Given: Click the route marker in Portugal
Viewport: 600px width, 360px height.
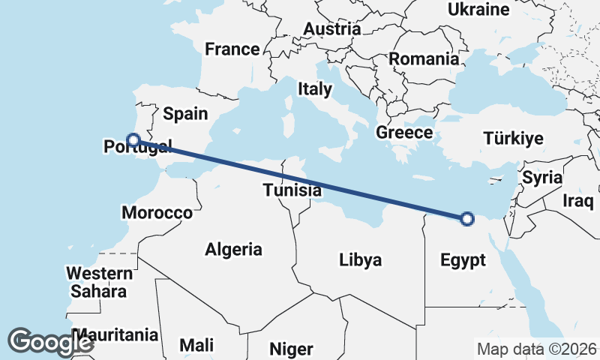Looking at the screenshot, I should click(x=133, y=139).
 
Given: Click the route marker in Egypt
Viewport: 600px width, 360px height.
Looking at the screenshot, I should click(x=467, y=219).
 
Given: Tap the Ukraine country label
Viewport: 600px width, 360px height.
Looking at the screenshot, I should click(x=478, y=10).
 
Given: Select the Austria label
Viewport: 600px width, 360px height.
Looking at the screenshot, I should click(x=331, y=29).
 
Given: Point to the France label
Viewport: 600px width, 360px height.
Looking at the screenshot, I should click(x=232, y=50).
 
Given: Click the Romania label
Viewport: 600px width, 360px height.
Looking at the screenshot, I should click(x=424, y=58).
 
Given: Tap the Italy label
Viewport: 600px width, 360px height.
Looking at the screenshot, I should click(x=314, y=89).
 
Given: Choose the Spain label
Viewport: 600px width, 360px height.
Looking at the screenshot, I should click(x=185, y=114).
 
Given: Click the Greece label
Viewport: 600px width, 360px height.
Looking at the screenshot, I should click(x=404, y=133).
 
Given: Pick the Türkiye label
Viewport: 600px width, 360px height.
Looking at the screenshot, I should click(x=513, y=139).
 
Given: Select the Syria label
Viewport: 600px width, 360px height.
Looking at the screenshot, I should click(x=542, y=178).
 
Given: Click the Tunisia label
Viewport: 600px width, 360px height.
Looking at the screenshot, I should click(x=292, y=190).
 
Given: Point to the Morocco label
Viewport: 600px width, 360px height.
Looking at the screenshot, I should click(x=157, y=213).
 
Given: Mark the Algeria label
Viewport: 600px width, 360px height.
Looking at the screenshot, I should click(x=233, y=250).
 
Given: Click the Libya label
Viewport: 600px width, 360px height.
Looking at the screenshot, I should click(x=361, y=260).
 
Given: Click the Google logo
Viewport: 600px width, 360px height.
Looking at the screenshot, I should click(x=50, y=342).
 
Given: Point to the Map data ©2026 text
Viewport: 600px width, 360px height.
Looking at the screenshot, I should click(x=536, y=349).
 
